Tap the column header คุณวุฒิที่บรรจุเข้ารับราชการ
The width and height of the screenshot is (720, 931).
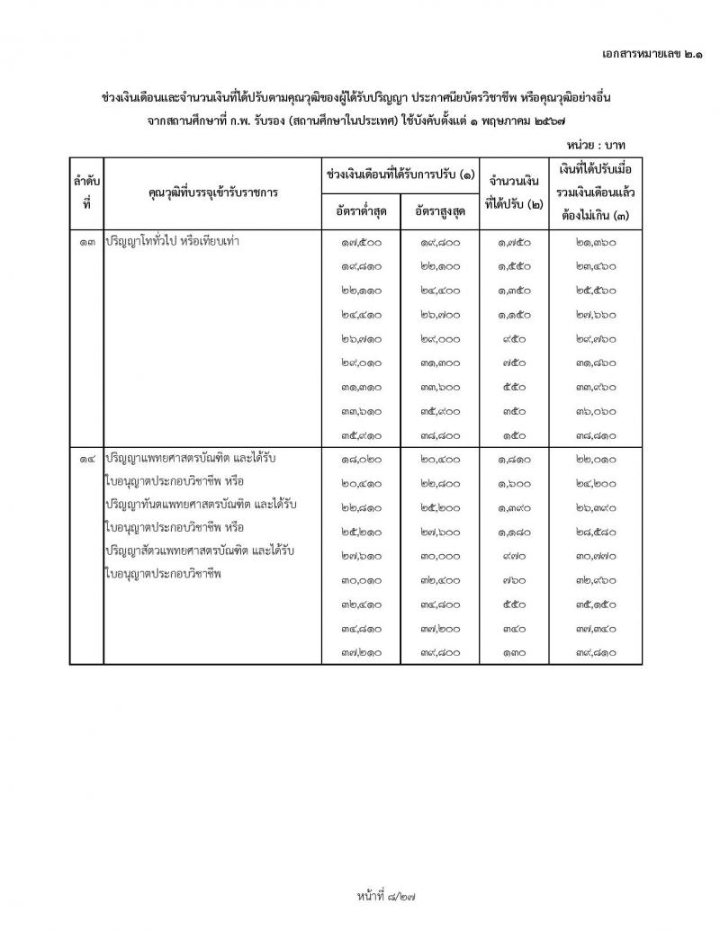pyautogui.click(x=213, y=192)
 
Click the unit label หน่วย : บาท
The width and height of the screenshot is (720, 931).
pyautogui.click(x=597, y=144)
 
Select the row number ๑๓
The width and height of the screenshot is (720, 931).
pyautogui.click(x=86, y=241)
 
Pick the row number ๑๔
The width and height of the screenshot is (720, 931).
pyautogui.click(x=86, y=459)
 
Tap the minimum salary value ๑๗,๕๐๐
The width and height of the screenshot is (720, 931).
pyautogui.click(x=359, y=241)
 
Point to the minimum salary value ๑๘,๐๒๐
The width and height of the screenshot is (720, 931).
pyautogui.click(x=359, y=459)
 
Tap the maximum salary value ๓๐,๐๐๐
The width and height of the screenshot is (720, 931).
pyautogui.click(x=440, y=556)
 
